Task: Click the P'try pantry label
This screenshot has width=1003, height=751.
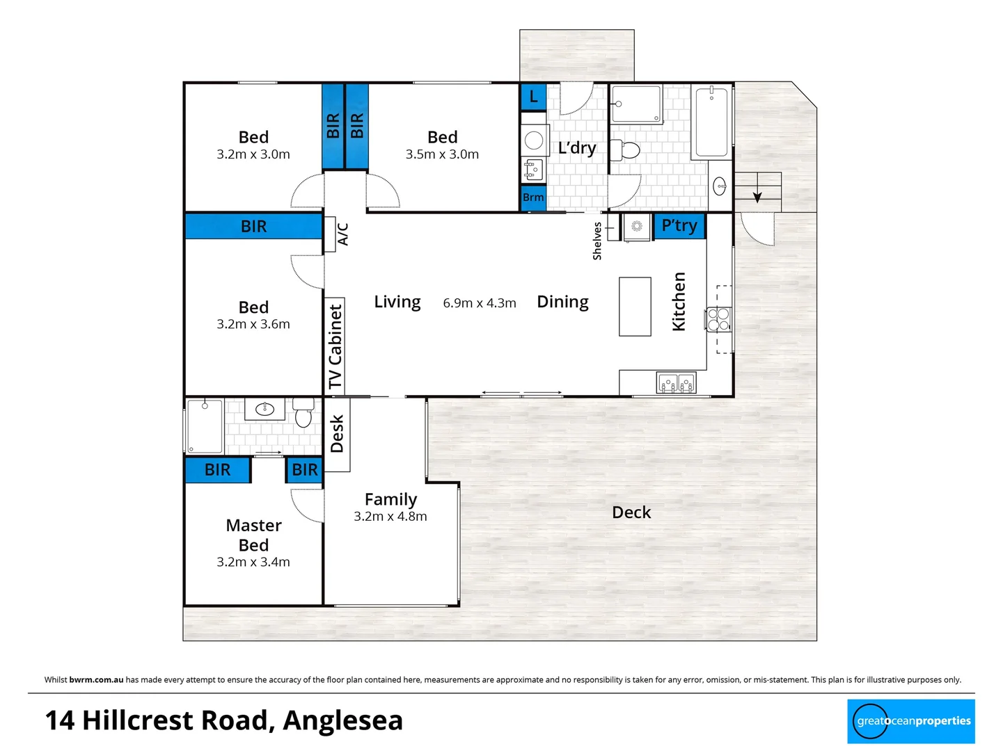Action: click(x=679, y=225)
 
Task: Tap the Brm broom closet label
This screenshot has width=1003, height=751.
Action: click(x=533, y=197)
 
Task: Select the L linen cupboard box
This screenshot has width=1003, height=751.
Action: click(x=533, y=97)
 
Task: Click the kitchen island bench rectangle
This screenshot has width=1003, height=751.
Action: click(x=635, y=307)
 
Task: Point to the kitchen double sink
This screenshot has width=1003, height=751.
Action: click(x=677, y=382)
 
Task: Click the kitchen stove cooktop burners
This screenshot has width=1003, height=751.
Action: click(x=718, y=320)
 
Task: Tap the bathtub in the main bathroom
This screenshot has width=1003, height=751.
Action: click(x=711, y=122)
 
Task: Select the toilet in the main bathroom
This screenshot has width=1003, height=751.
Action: click(x=626, y=150)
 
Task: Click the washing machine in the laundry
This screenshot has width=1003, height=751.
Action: click(x=534, y=140)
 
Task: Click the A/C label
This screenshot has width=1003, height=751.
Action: click(x=343, y=234)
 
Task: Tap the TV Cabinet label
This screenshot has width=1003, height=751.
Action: click(x=335, y=346)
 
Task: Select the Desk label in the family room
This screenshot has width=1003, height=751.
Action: click(x=337, y=434)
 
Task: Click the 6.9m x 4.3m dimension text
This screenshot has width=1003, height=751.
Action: click(x=480, y=303)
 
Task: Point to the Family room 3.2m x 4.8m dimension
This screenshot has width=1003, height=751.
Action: click(x=390, y=517)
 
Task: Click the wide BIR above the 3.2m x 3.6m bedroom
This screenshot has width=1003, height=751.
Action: click(x=253, y=227)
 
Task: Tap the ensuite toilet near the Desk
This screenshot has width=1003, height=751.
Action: click(x=303, y=412)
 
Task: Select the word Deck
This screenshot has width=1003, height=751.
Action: click(x=631, y=512)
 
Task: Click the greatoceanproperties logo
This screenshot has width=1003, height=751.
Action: click(x=910, y=721)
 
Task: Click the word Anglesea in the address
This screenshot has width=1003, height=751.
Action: click(x=342, y=720)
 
